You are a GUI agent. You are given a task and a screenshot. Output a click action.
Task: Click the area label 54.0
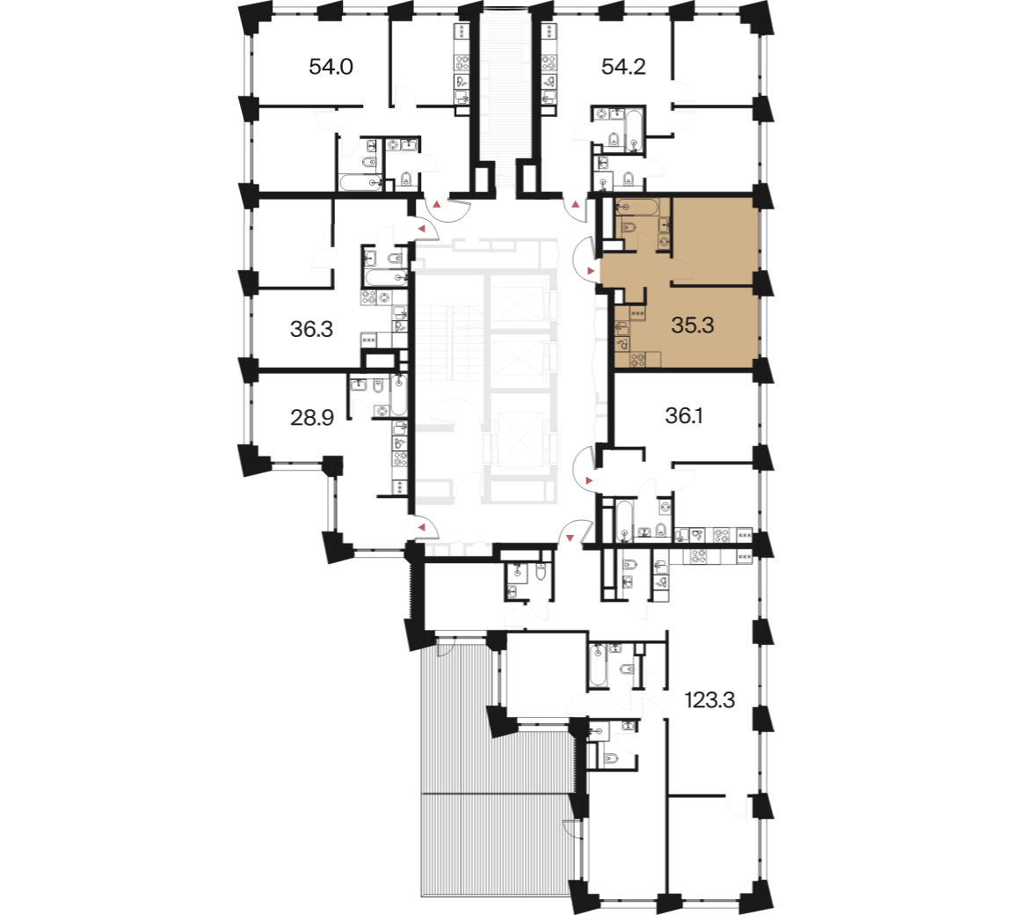(x=331, y=67)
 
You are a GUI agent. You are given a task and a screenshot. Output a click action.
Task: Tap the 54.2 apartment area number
(x=623, y=67)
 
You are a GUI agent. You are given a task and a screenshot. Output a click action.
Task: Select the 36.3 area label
(x=311, y=329)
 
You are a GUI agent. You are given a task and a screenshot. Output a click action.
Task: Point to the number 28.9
(x=312, y=418)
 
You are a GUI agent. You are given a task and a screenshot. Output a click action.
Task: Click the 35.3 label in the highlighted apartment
(x=693, y=326)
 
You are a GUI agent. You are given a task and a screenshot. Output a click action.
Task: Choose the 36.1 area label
(x=684, y=416)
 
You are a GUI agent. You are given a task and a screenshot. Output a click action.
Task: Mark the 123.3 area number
(x=709, y=700)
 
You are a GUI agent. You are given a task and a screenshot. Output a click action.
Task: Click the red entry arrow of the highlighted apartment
(x=591, y=270)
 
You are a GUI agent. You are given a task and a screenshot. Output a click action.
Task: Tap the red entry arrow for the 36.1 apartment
(x=589, y=480)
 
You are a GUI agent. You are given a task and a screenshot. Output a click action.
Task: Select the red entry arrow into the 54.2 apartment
(x=575, y=205)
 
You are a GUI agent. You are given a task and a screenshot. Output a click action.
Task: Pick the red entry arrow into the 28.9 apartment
(x=422, y=529)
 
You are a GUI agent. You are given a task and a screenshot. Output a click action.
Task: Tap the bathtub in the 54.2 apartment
(x=634, y=132)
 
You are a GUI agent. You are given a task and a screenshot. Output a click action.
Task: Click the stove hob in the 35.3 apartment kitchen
(x=637, y=360)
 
